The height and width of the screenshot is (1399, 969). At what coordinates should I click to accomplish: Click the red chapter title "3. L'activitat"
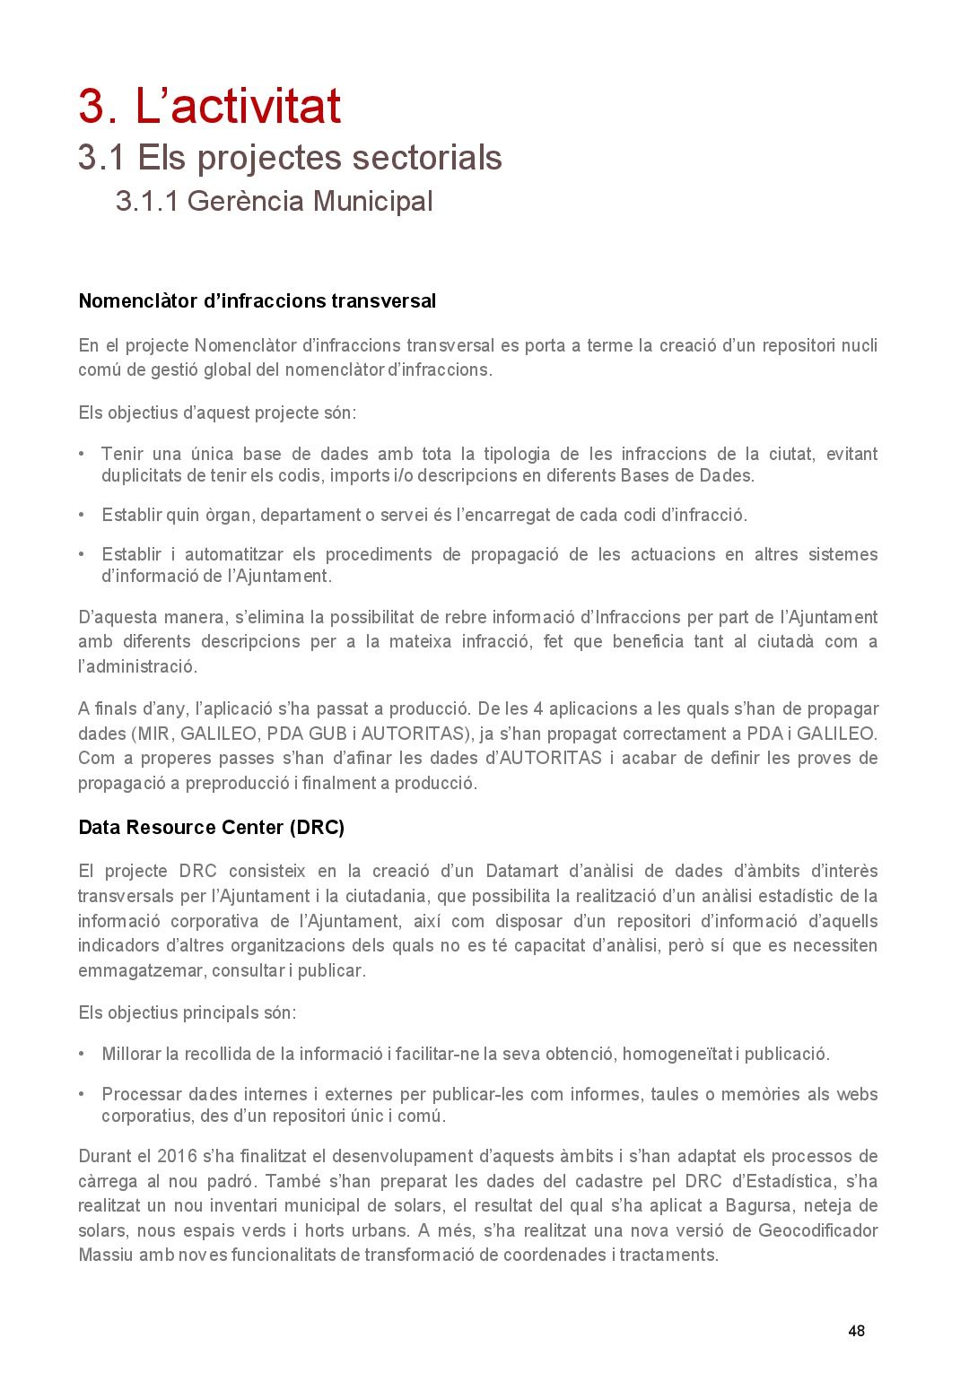(x=209, y=107)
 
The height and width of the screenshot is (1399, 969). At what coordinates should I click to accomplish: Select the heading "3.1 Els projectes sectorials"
(x=290, y=158)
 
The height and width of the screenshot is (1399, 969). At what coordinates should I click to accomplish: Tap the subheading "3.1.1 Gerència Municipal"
(x=274, y=201)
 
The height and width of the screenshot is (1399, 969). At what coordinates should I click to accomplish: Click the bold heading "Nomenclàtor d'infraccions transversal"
(x=257, y=301)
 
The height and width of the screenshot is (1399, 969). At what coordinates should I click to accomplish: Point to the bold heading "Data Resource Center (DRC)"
(x=211, y=828)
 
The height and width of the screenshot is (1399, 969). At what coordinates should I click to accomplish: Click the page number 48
(x=856, y=1331)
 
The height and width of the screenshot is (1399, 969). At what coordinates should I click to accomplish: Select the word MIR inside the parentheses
(x=153, y=734)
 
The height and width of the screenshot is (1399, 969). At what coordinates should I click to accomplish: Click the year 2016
(x=177, y=1156)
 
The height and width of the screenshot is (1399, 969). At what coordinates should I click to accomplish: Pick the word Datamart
(x=521, y=871)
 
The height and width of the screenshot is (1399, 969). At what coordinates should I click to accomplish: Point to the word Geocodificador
(x=817, y=1230)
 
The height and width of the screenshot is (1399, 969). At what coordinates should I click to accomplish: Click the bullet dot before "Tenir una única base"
(x=82, y=454)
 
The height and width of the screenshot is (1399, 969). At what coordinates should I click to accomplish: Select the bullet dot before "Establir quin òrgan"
(x=82, y=515)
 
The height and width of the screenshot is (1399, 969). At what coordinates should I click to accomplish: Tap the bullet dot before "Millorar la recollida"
(x=82, y=1054)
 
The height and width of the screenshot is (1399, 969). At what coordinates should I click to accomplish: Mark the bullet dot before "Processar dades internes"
(x=82, y=1094)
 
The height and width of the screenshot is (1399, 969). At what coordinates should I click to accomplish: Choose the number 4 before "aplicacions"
(x=538, y=708)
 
